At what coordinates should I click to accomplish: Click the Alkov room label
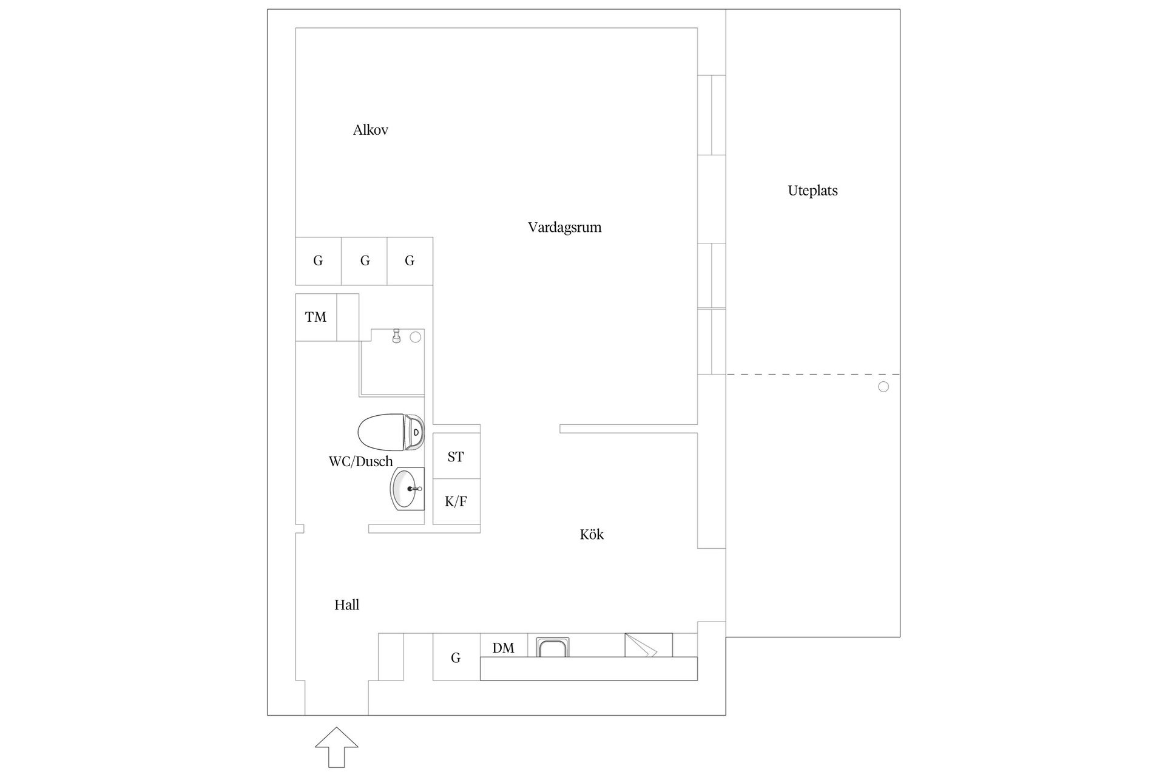tap(370, 130)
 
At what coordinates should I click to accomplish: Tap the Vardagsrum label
tap(564, 228)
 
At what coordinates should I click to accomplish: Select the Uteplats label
tap(812, 191)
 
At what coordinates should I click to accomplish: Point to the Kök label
tap(592, 535)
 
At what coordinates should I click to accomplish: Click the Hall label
tap(346, 605)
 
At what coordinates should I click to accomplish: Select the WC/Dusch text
tap(360, 462)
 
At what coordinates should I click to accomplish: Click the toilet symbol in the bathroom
tap(390, 432)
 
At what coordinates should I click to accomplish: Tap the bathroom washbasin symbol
tap(406, 489)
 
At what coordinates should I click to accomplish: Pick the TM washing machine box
tap(316, 317)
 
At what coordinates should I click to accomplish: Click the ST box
tap(456, 457)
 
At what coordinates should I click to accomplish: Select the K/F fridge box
tap(456, 502)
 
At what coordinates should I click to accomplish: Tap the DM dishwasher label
tap(503, 648)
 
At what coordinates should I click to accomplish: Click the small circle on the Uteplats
tap(883, 387)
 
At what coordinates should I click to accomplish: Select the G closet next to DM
tap(456, 657)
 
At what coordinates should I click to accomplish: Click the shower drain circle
tap(415, 338)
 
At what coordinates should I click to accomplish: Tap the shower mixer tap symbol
tap(396, 336)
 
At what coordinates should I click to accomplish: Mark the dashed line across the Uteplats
tap(813, 375)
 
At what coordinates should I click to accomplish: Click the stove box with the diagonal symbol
tap(648, 645)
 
